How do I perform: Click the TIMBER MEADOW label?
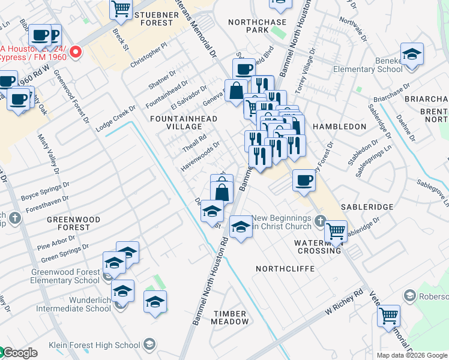(229, 317)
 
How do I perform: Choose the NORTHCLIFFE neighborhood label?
(285, 269)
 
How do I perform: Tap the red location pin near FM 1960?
(76, 52)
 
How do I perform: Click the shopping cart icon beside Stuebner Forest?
(121, 8)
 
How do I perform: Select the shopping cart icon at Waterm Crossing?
(336, 230)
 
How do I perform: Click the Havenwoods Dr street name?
(200, 155)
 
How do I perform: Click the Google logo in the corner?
(19, 353)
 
